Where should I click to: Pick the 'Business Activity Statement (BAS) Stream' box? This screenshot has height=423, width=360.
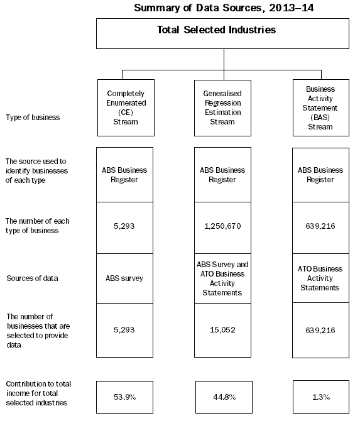321,107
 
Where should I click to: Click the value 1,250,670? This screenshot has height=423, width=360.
223,226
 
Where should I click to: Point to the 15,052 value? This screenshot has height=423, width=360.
223,329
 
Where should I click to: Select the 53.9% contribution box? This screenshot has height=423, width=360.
125,397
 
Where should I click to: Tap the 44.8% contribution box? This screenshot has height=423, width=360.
223,397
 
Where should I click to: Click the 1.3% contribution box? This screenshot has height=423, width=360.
321,397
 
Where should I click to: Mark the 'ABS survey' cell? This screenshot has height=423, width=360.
125,278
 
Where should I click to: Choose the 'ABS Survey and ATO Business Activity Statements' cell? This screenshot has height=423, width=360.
223,278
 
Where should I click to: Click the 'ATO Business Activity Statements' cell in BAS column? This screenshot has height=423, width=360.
321,278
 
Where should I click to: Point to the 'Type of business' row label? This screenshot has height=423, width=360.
32,117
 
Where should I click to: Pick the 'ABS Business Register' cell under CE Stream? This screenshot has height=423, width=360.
125,174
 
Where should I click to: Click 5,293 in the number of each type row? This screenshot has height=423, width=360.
125,226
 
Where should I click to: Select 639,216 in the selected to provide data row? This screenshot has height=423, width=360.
321,329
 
